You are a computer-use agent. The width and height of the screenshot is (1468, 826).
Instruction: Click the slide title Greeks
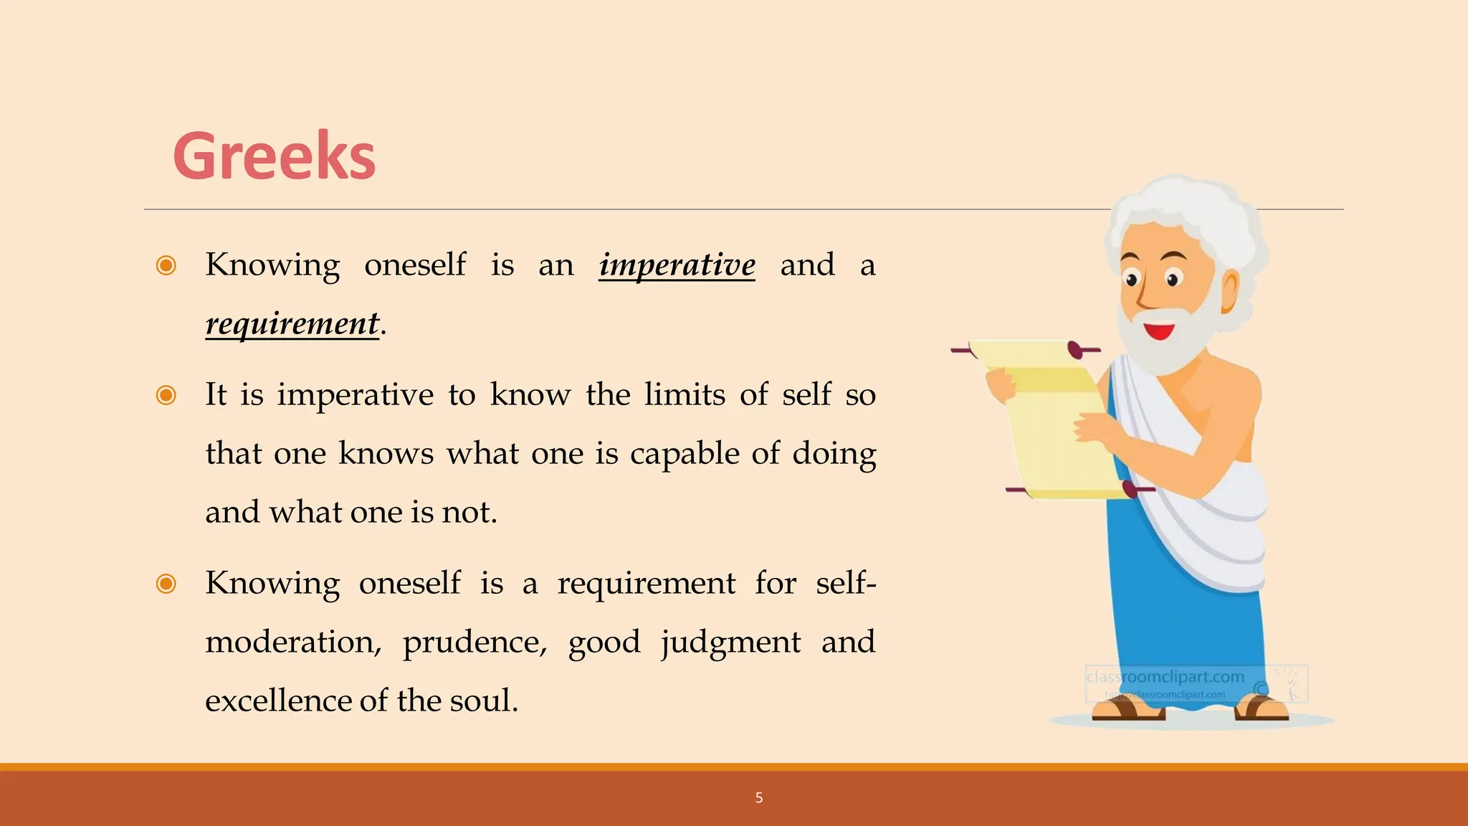[x=274, y=156]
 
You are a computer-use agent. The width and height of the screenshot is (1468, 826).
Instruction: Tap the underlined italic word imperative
[x=677, y=265]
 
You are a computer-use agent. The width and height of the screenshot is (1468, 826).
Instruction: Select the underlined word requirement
[x=292, y=324]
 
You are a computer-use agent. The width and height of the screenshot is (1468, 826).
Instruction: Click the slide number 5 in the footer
[x=759, y=797]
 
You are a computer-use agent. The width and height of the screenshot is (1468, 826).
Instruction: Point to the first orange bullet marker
[x=166, y=265]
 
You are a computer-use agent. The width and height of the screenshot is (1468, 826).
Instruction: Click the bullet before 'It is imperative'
[x=166, y=395]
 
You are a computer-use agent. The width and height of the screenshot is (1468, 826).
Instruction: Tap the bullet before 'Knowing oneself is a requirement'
[x=166, y=584]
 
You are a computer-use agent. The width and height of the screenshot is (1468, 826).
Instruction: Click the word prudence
[x=474, y=642]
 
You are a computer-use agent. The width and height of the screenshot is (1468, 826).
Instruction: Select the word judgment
[x=730, y=642]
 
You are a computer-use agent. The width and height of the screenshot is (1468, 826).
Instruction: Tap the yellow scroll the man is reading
[x=1047, y=423]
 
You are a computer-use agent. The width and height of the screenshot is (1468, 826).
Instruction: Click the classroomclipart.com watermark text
[x=1165, y=677]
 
